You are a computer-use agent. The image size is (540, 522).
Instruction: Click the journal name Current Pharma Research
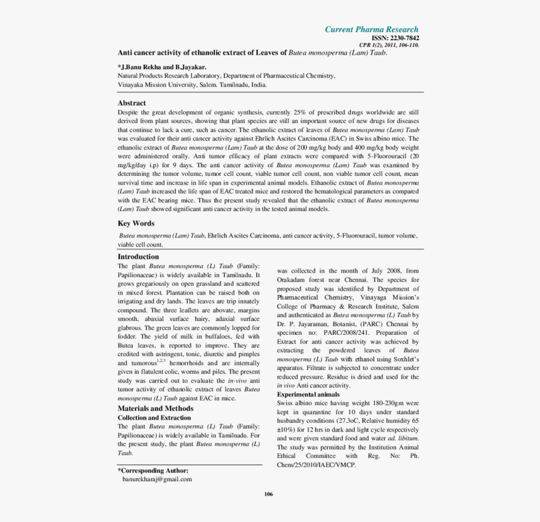pyautogui.click(x=371, y=30)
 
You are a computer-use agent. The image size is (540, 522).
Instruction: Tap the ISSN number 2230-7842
pyautogui.click(x=400, y=38)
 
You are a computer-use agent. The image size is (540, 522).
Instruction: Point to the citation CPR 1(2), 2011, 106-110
pyautogui.click(x=389, y=45)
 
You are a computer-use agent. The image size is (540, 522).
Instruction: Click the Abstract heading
pyautogui.click(x=132, y=103)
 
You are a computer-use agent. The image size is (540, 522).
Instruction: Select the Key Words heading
pyautogui.click(x=136, y=223)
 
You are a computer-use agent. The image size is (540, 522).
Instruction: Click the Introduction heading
pyautogui.click(x=138, y=256)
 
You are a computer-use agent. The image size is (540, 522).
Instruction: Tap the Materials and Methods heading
pyautogui.click(x=155, y=408)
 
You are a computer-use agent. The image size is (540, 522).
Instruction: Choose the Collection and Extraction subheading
pyautogui.click(x=154, y=418)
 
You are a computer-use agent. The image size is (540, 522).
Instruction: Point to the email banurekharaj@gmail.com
pyautogui.click(x=157, y=479)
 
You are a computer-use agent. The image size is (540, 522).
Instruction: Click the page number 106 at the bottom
pyautogui.click(x=269, y=494)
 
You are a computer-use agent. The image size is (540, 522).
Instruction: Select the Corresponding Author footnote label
pyautogui.click(x=153, y=470)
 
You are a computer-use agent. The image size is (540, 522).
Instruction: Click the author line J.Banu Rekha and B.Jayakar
pyautogui.click(x=162, y=67)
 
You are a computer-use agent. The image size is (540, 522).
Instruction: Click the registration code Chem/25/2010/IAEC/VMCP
pyautogui.click(x=316, y=465)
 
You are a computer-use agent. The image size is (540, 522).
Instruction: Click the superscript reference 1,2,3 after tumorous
pyautogui.click(x=161, y=361)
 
